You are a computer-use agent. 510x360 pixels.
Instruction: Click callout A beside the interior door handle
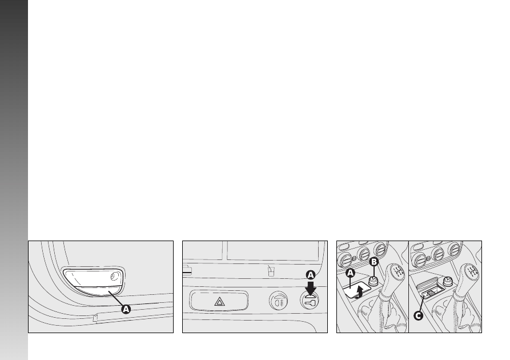(x=126, y=309)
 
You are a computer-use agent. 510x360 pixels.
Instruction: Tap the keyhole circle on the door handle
(x=114, y=277)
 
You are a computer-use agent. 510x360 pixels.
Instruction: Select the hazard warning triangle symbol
(x=220, y=302)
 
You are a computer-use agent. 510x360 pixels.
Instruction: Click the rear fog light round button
(x=279, y=301)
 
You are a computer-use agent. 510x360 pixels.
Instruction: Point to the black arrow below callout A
(x=311, y=288)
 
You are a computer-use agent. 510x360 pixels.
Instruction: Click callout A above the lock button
(x=311, y=275)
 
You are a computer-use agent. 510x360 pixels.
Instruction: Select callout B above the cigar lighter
(x=374, y=262)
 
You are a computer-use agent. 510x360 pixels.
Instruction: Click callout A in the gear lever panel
(x=350, y=273)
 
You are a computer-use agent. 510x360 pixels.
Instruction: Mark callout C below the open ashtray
(x=418, y=315)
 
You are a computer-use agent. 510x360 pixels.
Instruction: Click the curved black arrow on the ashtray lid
(x=359, y=292)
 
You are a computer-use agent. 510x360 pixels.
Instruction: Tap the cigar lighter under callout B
(x=374, y=281)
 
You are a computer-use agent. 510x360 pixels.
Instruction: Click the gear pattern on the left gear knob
(x=397, y=271)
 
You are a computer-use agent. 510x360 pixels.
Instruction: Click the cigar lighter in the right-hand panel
(x=448, y=281)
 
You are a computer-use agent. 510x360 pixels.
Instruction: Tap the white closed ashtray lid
(x=356, y=289)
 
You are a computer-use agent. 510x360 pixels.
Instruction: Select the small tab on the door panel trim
(x=95, y=318)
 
